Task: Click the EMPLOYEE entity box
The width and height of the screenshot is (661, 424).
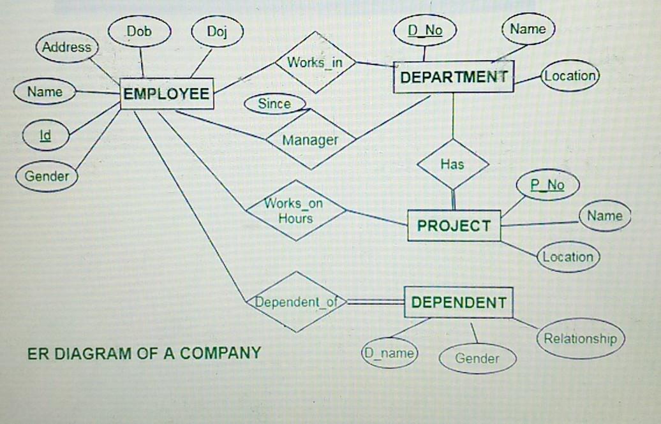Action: [x=167, y=94]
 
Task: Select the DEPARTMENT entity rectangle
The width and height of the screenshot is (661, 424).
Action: [x=454, y=77]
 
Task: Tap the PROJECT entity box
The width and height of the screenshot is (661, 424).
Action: [x=454, y=226]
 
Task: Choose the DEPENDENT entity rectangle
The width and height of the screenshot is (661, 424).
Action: [x=459, y=302]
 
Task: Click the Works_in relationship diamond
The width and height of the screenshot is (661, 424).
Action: [x=315, y=62]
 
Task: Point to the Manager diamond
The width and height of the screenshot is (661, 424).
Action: [x=311, y=139]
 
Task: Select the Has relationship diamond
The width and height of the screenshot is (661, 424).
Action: [x=453, y=164]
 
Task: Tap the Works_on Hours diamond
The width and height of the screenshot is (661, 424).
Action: [x=296, y=210]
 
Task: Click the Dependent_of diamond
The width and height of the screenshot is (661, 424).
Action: [x=296, y=302]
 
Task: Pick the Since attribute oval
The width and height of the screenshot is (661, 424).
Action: [x=275, y=104]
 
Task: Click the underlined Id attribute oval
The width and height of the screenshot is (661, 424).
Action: [x=45, y=135]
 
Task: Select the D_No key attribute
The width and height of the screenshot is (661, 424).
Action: [x=424, y=31]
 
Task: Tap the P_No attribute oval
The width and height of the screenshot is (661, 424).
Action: [x=547, y=185]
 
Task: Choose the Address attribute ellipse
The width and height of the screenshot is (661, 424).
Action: [x=66, y=47]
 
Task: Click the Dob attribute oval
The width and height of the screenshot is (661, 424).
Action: [x=139, y=31]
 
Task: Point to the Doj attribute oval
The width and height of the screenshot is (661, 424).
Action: [x=217, y=31]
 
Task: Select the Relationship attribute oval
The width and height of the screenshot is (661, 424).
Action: [x=581, y=339]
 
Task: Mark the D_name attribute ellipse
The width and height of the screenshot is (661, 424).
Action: [x=389, y=353]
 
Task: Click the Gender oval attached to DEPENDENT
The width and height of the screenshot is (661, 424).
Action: [x=478, y=359]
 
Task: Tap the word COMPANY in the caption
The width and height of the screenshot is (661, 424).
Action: [x=221, y=353]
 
